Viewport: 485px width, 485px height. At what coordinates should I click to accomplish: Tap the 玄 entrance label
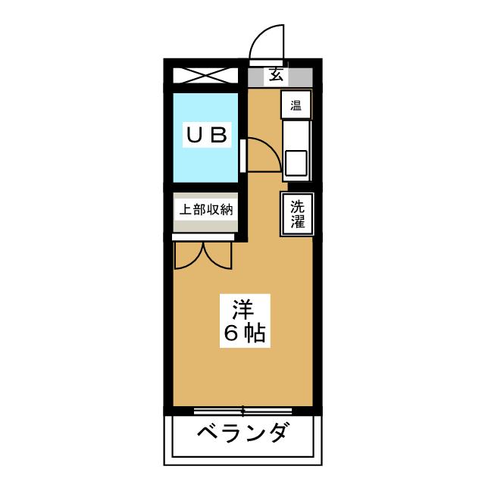275,76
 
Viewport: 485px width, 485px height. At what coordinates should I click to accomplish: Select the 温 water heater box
295,105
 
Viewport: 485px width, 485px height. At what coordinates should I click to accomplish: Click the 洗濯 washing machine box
296,214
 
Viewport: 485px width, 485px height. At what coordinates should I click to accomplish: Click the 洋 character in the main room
242,310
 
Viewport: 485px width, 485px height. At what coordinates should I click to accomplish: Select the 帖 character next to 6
255,333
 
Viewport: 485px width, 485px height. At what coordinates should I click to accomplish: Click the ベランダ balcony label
242,434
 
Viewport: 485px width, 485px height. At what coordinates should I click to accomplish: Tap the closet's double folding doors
202,255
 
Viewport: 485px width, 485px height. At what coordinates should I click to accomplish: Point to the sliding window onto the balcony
242,411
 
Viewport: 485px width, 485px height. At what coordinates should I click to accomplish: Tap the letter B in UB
218,136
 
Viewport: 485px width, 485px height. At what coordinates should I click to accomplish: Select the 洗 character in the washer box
296,205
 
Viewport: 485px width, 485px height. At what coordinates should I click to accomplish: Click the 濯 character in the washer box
296,222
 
